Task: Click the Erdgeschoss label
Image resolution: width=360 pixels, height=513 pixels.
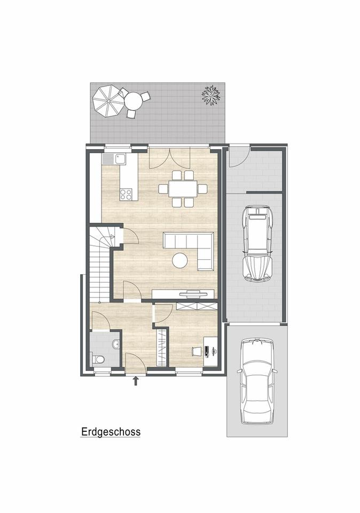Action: pos(111,431)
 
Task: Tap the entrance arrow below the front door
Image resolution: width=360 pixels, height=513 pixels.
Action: pos(136,380)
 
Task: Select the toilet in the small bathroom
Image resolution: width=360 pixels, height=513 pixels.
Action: pos(97,359)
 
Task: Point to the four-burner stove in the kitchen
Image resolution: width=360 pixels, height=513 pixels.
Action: pos(126,194)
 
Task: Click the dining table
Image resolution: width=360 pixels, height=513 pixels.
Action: pos(183,188)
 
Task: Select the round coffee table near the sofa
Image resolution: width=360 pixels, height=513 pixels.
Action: pos(180,260)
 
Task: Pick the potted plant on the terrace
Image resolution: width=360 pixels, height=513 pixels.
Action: pos(211,95)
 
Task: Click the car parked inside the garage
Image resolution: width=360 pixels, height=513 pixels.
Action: pos(257,243)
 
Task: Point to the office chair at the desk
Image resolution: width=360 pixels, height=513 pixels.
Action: pos(196,351)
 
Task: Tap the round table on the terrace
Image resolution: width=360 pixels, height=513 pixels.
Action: pos(133,100)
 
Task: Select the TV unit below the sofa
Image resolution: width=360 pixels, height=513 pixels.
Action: pos(184,293)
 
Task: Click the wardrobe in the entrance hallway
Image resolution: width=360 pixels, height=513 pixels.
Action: pos(160,347)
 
